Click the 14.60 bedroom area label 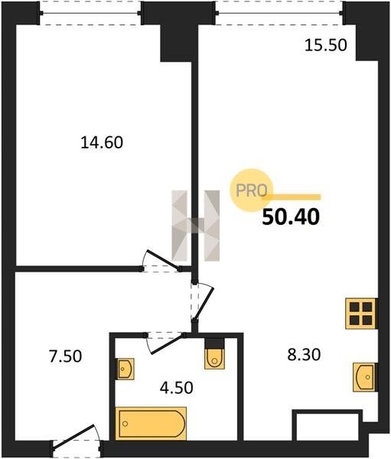coord(102,143)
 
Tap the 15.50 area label coord(326,45)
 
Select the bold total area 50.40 coord(291,217)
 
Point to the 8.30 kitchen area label coord(304,355)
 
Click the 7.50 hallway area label coord(65,356)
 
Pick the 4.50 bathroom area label coord(177,388)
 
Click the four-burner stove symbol coord(360,314)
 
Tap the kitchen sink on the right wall coord(364,377)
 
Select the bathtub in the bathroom coord(152,423)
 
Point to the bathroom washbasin coord(125,369)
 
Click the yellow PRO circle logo coord(252,190)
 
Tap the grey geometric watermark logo coord(196,226)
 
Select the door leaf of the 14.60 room coord(164,259)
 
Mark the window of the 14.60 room coord(90,13)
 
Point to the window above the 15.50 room coord(279,13)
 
